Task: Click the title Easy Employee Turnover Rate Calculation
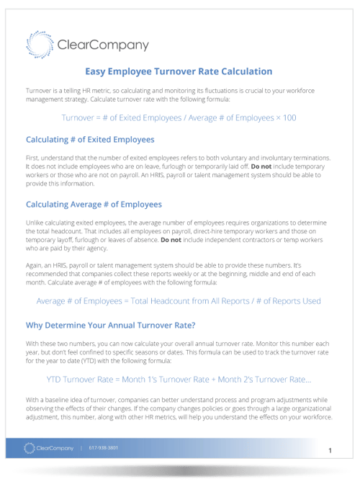tap(179, 71)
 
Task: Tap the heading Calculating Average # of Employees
tap(94, 205)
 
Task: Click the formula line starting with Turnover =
tap(179, 117)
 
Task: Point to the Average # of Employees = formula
tap(179, 301)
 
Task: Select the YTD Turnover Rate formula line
tap(179, 378)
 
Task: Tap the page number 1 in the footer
tap(330, 450)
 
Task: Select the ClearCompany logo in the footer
tap(49, 448)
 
